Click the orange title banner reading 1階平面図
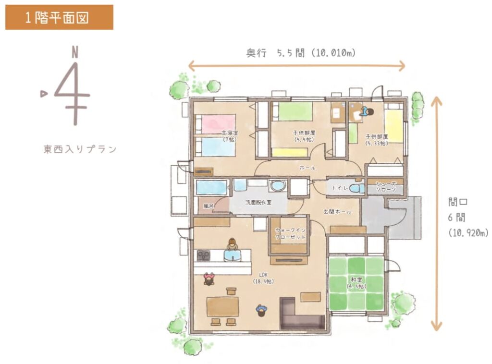tap(59, 17)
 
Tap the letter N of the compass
tap(74, 52)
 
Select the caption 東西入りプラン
tap(80, 149)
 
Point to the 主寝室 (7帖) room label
tap(230, 136)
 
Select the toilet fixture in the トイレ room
tap(357, 188)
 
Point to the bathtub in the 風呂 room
tap(211, 187)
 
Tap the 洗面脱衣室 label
tap(258, 203)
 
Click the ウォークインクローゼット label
tap(290, 233)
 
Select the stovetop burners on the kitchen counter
tap(203, 255)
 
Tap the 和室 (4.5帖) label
tap(357, 283)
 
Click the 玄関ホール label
tap(337, 212)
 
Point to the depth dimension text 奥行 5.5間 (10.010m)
tap(301, 53)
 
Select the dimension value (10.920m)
tap(468, 233)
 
